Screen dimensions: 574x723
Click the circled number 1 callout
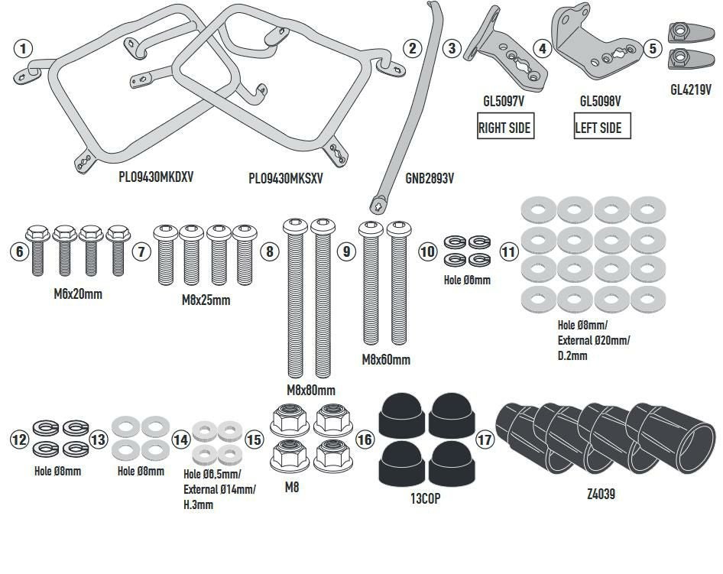24,49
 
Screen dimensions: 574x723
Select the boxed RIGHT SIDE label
504,128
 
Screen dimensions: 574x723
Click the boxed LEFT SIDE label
598,128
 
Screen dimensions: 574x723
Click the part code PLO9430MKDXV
156,177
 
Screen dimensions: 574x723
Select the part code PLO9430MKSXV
287,178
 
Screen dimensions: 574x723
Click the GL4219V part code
691,89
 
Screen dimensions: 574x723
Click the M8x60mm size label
386,359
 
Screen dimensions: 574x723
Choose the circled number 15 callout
254,439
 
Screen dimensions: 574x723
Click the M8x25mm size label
206,300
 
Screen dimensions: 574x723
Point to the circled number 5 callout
652,48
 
